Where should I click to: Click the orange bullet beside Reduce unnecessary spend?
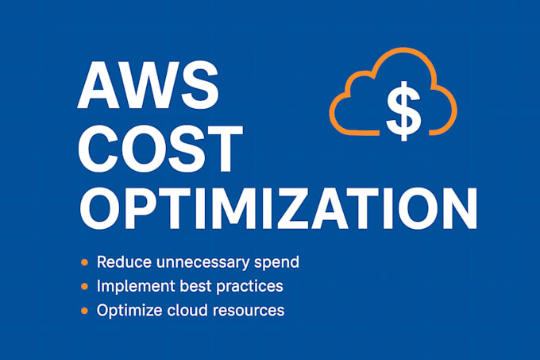83,261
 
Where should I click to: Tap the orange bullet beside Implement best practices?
83,285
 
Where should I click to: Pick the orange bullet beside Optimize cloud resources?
83,310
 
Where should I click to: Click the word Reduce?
121,261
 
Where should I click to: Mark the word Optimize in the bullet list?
126,310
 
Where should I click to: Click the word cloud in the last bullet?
185,310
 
